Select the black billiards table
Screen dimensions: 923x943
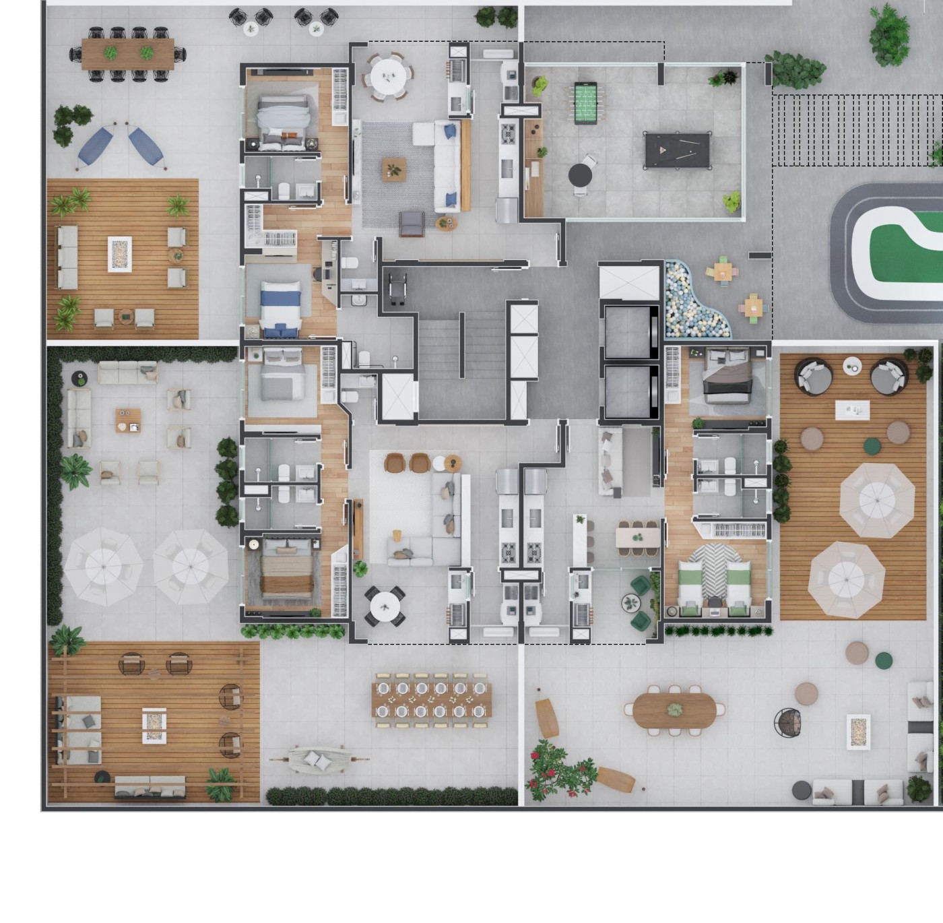(x=677, y=150)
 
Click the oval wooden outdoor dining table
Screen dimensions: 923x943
(x=674, y=710)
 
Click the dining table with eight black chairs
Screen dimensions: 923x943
(x=128, y=54)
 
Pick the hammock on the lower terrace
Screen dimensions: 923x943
(x=318, y=759)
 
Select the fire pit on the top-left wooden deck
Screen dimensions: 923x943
(x=120, y=254)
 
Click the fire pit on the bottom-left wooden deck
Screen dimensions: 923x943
(x=154, y=725)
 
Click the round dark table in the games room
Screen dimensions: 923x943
(x=580, y=176)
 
